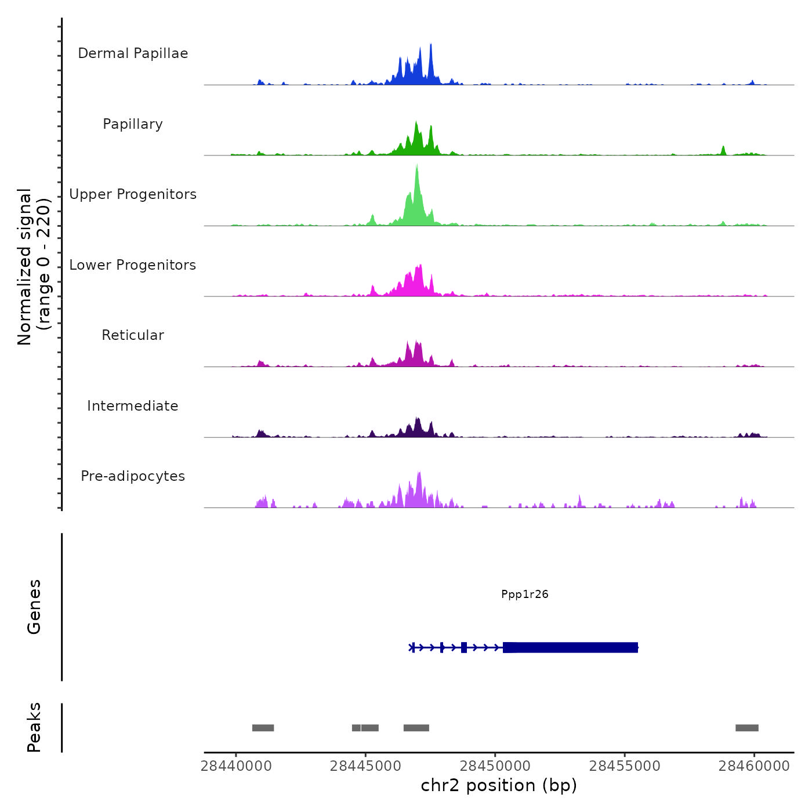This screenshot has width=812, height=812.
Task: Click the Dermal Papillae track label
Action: pos(133,53)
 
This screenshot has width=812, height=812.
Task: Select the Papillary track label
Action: pos(133,124)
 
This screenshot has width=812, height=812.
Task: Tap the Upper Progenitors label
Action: pos(133,194)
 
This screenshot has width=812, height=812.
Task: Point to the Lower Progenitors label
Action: pos(133,265)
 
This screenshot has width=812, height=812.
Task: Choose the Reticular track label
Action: pos(133,335)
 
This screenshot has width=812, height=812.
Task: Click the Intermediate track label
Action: pos(133,406)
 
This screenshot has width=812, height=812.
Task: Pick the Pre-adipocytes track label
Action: pos(133,476)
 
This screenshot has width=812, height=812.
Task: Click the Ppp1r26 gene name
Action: pos(524,594)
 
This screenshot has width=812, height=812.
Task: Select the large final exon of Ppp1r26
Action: pos(570,647)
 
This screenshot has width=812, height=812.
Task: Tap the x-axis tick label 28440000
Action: pos(236,766)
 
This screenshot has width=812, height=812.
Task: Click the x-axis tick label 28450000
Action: pos(495,766)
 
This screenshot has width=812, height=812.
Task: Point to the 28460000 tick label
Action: pos(754,766)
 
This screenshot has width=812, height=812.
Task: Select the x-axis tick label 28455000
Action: pos(625,766)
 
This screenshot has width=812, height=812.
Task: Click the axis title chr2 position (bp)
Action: pos(499,785)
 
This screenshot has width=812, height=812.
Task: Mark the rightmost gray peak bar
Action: pos(746,728)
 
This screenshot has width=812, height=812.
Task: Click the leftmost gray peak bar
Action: pos(263,728)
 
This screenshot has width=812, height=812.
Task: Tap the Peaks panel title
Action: pos(34,727)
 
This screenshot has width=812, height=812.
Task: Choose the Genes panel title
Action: pos(34,607)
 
